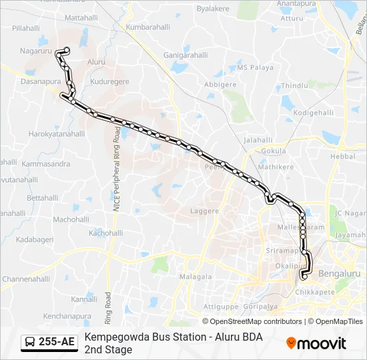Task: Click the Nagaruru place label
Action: pos(36,51)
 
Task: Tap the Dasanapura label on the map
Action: pos(41,81)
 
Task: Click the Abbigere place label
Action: pos(220,85)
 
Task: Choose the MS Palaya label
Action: pos(256,68)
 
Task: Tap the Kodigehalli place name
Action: pos(313,113)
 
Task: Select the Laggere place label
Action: pos(205,211)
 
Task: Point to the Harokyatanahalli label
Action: pos(57,134)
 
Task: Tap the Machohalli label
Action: pos(71,219)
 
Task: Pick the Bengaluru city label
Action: pos(339,273)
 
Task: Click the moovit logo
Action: pos(316,343)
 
